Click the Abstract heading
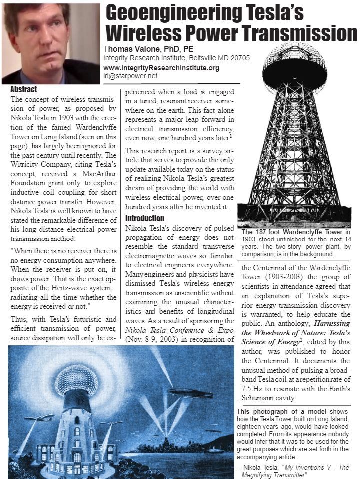pos(23,90)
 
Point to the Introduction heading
pos(144,218)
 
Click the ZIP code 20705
pos(239,58)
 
